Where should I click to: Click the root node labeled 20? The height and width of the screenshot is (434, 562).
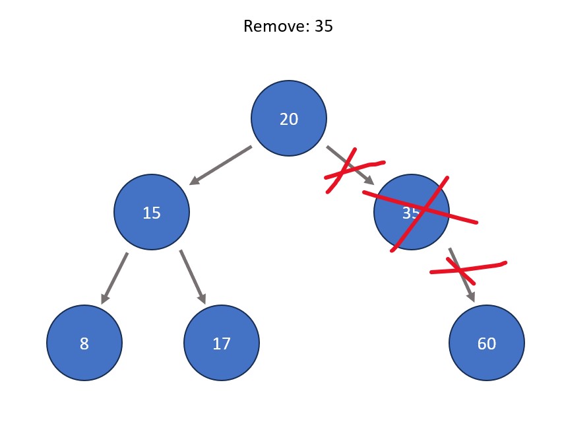pyautogui.click(x=289, y=118)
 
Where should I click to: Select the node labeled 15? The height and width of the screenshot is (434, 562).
pyautogui.click(x=152, y=212)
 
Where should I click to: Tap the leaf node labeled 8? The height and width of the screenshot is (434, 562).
pyautogui.click(x=84, y=343)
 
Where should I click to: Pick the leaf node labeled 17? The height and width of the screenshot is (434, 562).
pyautogui.click(x=222, y=343)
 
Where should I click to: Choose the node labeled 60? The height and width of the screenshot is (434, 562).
pyautogui.click(x=487, y=343)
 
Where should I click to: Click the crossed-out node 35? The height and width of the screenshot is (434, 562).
pyautogui.click(x=412, y=212)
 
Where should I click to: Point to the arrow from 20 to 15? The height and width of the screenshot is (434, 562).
pyautogui.click(x=220, y=165)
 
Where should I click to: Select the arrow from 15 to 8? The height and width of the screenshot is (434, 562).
pyautogui.click(x=114, y=278)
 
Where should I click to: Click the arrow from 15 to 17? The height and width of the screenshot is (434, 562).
pyautogui.click(x=193, y=277)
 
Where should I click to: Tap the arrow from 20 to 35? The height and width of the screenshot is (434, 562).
pyautogui.click(x=350, y=165)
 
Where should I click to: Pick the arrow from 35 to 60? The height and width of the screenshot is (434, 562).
pyautogui.click(x=462, y=275)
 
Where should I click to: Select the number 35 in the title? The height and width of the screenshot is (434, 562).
pyautogui.click(x=324, y=26)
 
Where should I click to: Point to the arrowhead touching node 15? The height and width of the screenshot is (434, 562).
pyautogui.click(x=195, y=180)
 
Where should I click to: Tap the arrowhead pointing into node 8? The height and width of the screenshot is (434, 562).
pyautogui.click(x=105, y=299)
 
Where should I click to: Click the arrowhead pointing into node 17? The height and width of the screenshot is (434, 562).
pyautogui.click(x=202, y=299)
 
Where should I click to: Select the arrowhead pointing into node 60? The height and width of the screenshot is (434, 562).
pyautogui.click(x=472, y=297)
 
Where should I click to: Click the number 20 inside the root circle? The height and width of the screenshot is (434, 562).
pyautogui.click(x=289, y=119)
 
